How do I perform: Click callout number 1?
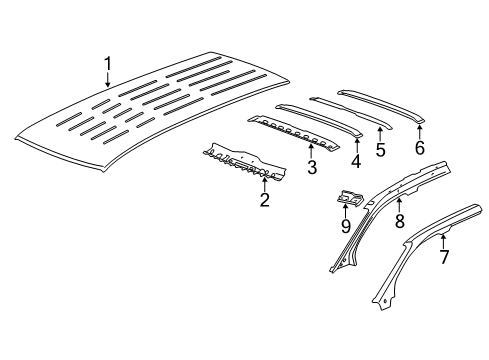click(x=108, y=66)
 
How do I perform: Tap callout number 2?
click(x=264, y=201)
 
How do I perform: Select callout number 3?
click(x=312, y=166)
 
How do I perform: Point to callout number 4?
click(x=356, y=160)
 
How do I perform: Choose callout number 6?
click(x=420, y=146)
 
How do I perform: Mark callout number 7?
click(x=442, y=256)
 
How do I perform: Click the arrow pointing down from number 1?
click(x=108, y=80)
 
